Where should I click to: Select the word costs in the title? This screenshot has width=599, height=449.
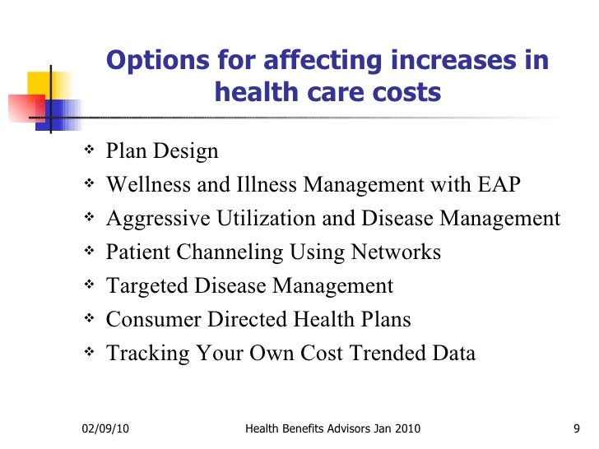tap(404, 94)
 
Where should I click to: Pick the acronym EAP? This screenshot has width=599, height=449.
tap(498, 186)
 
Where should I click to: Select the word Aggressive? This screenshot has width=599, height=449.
tap(158, 220)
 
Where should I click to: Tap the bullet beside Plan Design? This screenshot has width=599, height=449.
tap(88, 150)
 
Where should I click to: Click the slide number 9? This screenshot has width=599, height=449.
tap(577, 428)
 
